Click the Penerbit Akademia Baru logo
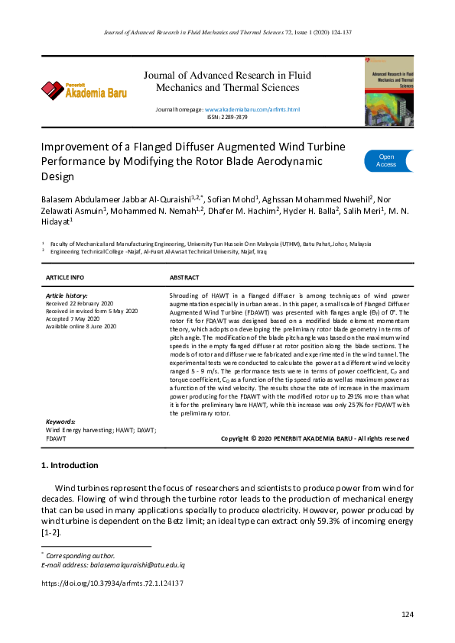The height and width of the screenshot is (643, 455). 84,89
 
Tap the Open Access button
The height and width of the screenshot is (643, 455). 387,160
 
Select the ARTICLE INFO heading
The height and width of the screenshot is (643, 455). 65,276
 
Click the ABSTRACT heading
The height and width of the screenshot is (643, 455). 184,276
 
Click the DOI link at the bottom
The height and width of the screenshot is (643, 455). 111,582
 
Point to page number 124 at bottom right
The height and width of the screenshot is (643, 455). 408,615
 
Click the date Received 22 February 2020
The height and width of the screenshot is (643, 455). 79,303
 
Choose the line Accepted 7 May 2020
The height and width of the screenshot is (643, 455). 73,318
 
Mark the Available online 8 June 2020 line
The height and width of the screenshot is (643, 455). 81,326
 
